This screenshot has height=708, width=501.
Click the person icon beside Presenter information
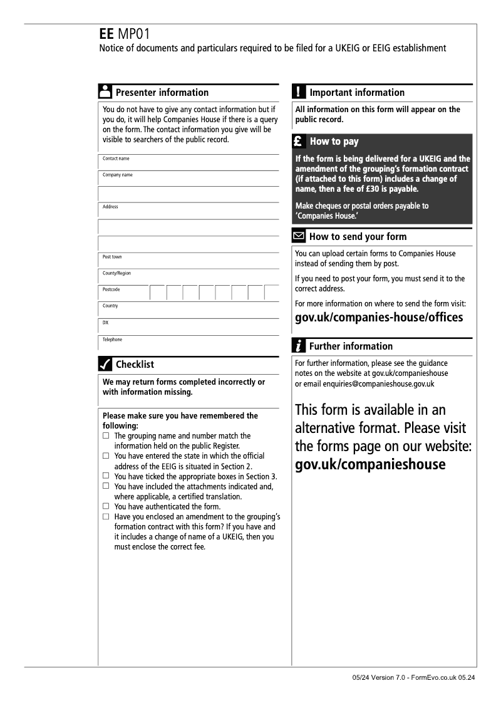(x=106, y=92)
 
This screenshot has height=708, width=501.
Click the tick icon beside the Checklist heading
(x=106, y=364)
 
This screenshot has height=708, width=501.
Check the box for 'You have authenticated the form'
(x=106, y=506)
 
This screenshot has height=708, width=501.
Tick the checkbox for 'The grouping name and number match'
(x=106, y=435)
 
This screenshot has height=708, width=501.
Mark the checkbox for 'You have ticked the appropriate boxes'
(x=106, y=476)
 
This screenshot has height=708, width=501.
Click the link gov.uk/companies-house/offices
(x=379, y=317)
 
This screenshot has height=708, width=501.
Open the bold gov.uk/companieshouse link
(x=370, y=464)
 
